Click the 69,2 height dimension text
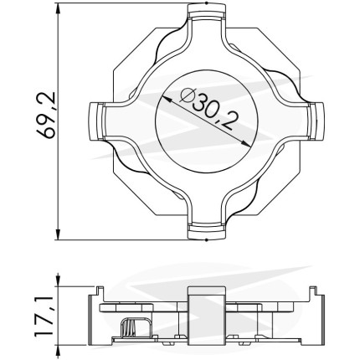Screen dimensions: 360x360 pos(46,116)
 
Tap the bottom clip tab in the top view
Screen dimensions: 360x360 pos(206,231)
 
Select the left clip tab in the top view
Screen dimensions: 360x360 pos(96,121)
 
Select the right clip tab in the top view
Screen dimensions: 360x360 pos(316,121)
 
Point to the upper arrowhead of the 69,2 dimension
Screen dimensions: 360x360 pos(58,10)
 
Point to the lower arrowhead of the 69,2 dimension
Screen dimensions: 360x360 pos(58,234)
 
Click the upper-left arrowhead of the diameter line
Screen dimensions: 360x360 pos(166,99)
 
